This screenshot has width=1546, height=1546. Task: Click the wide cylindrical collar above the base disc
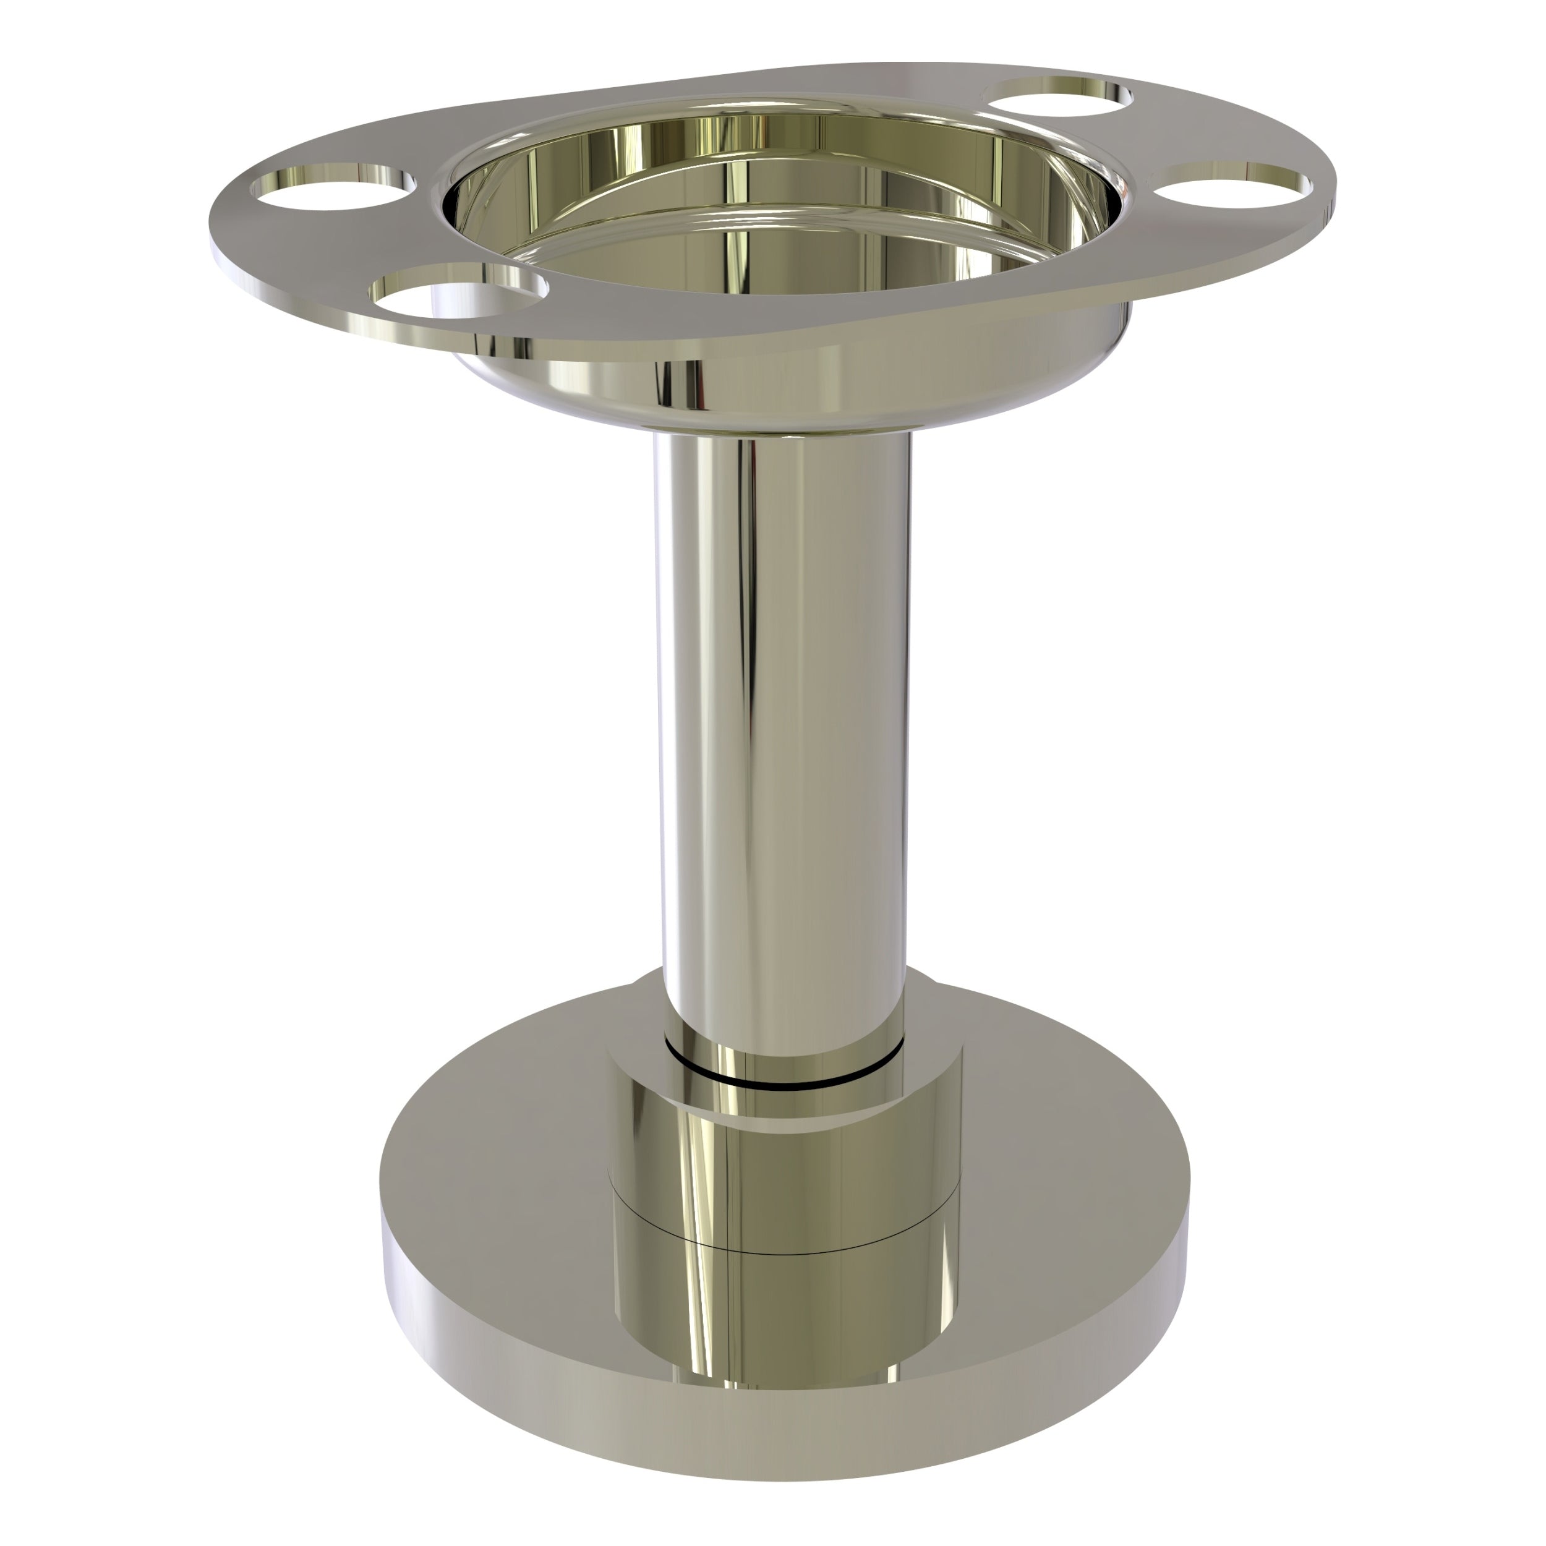point(784,1176)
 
